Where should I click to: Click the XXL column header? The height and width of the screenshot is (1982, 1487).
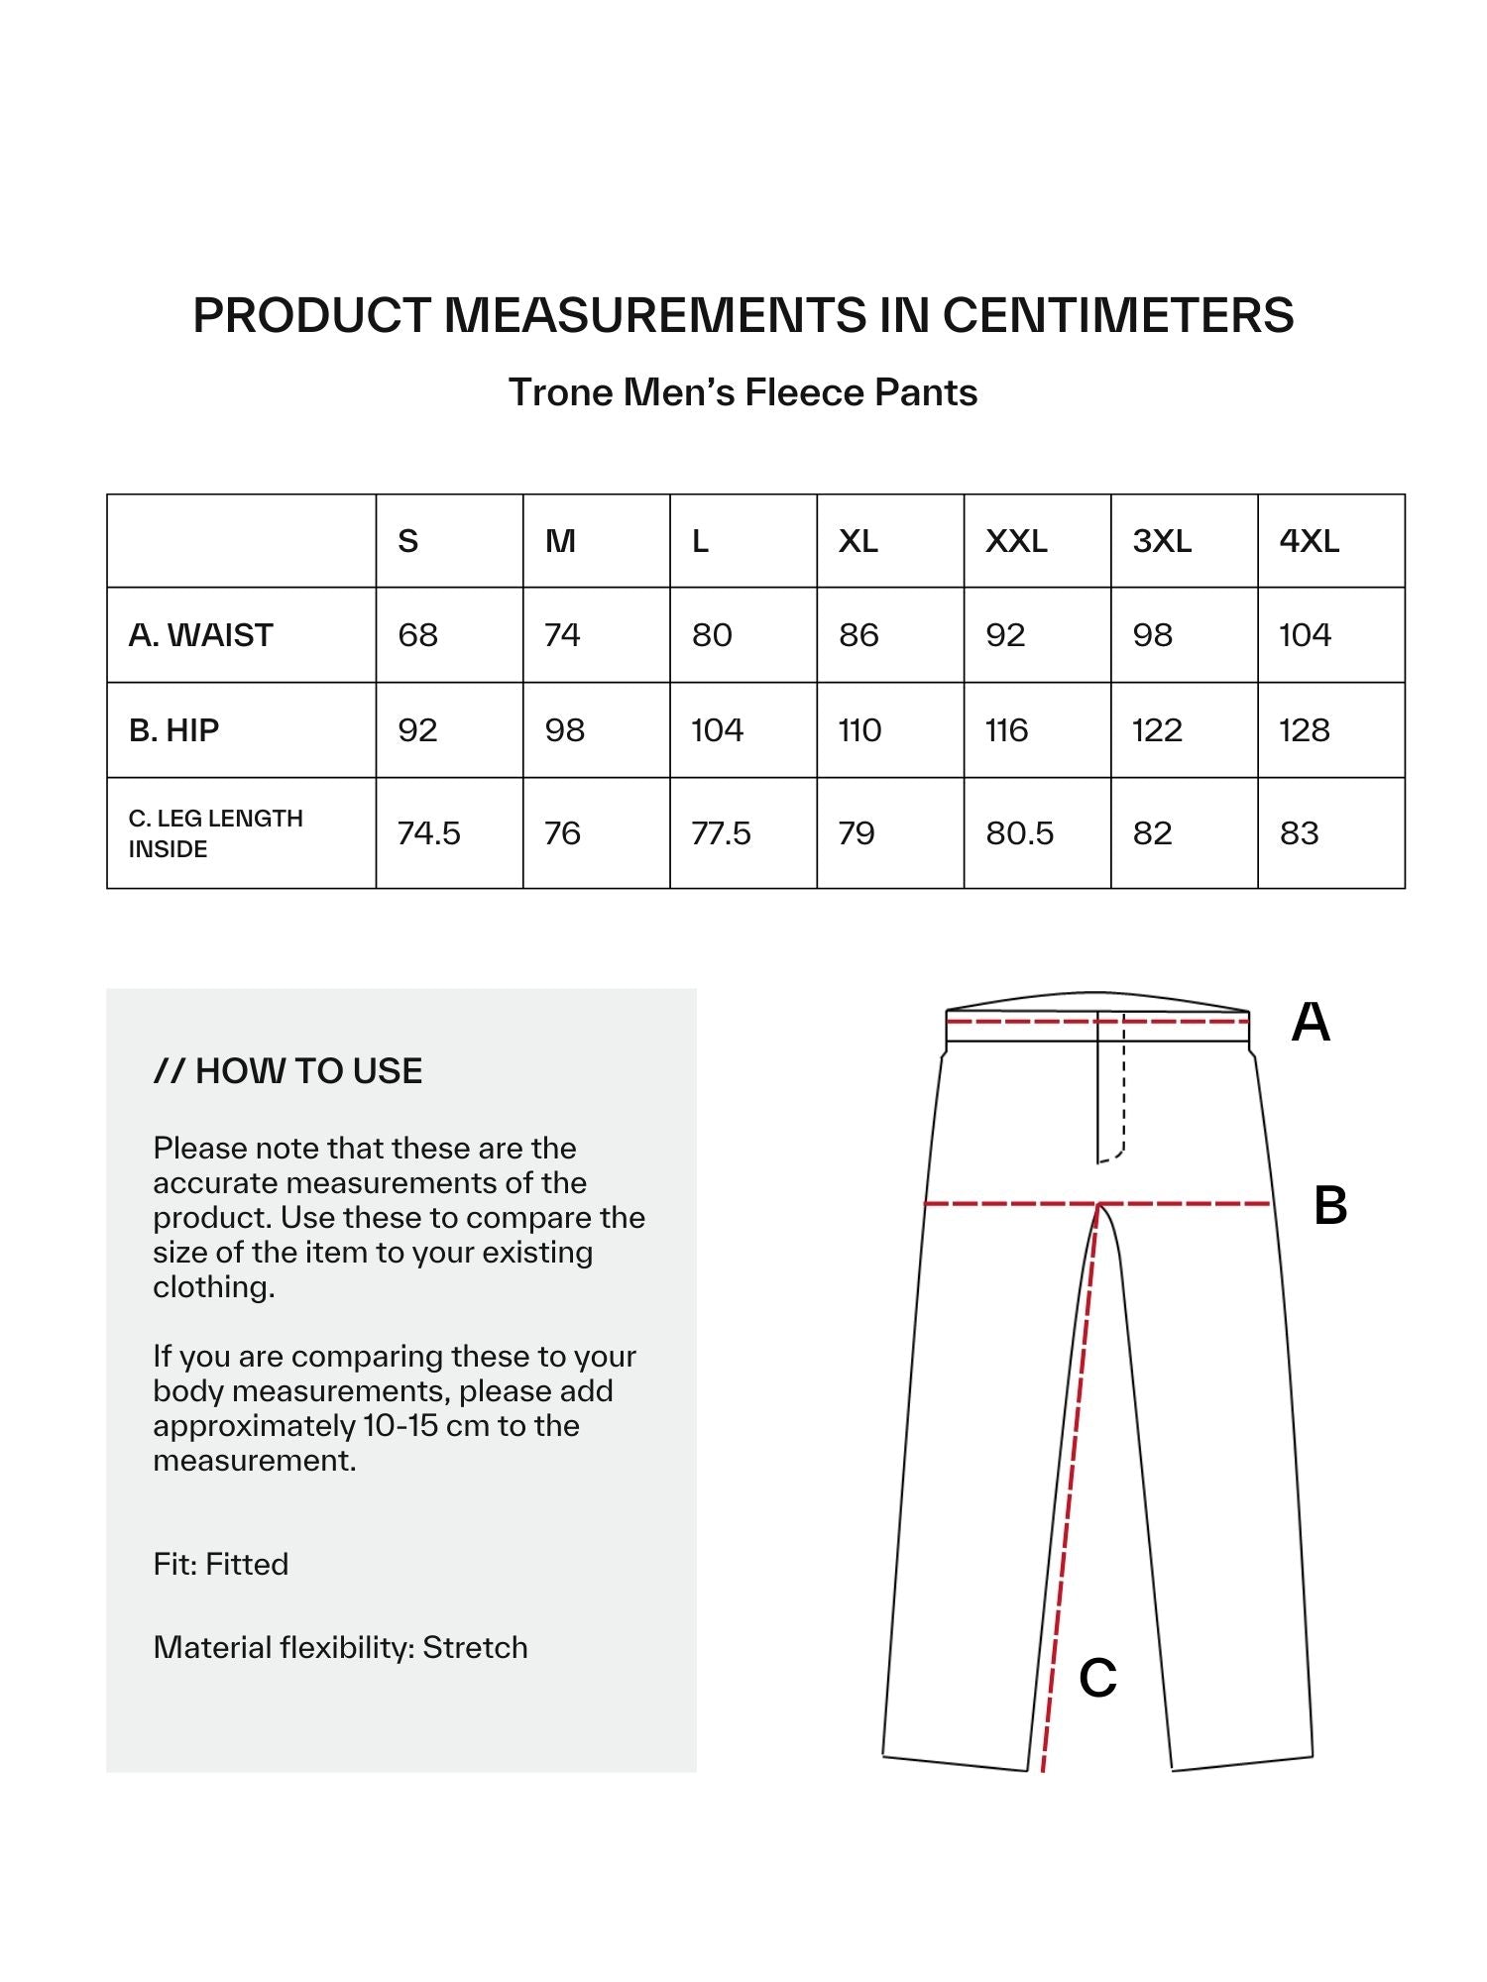click(1016, 541)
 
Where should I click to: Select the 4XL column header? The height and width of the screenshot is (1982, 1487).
click(1309, 541)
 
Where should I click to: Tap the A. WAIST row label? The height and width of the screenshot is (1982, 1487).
click(200, 635)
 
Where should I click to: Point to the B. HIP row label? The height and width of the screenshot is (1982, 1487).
click(173, 730)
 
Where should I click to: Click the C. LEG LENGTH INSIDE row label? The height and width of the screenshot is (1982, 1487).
click(215, 833)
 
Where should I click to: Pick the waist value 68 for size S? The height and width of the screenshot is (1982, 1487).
click(417, 635)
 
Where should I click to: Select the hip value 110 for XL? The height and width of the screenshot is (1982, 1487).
click(859, 730)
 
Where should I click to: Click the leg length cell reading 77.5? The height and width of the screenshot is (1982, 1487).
click(721, 833)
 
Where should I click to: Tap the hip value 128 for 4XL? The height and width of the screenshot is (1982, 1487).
click(1304, 730)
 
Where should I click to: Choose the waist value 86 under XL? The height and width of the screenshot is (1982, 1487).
click(858, 635)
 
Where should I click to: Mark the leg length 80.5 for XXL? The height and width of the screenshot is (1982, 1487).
click(1019, 833)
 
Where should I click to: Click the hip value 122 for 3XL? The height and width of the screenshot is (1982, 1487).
click(1157, 730)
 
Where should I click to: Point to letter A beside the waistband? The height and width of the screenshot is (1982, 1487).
click(1311, 1022)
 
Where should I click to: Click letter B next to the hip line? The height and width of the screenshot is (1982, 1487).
click(1330, 1206)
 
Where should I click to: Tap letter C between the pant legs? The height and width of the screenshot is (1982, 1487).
click(1097, 1679)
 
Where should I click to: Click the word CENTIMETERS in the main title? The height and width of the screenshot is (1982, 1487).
click(1118, 315)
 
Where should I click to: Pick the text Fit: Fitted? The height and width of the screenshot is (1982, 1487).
click(221, 1564)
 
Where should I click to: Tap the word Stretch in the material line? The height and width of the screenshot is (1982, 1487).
click(475, 1647)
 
